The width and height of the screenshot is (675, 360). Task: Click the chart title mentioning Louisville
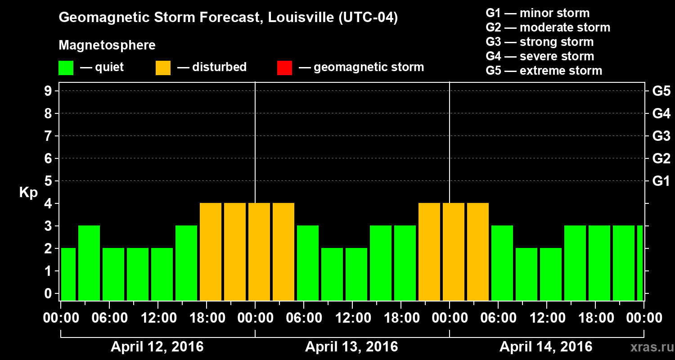228,18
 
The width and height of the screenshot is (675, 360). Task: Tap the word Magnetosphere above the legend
107,45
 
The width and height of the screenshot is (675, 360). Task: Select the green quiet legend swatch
66,68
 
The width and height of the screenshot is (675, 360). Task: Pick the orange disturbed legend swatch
163,68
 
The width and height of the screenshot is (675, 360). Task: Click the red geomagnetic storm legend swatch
284,68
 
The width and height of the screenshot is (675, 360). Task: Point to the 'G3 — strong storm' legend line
540,42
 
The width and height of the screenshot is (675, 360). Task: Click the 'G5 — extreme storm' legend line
544,71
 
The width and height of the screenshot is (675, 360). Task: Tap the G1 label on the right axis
661,181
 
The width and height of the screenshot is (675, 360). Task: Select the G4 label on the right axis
661,113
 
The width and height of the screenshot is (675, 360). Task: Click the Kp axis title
28,193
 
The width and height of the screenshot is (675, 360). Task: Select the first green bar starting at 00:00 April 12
68,274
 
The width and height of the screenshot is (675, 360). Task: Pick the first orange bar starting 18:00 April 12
211,252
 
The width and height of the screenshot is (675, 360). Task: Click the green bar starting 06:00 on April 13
308,263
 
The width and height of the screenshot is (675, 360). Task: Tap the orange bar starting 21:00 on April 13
429,252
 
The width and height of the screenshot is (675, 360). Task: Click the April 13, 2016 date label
351,347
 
